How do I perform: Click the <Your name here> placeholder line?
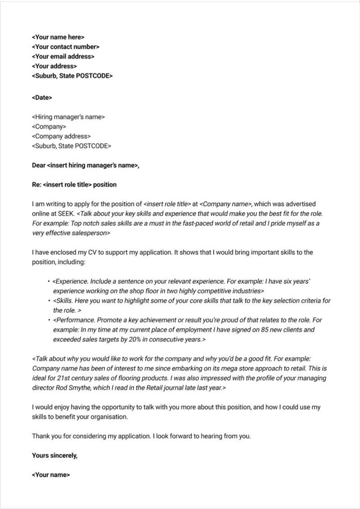coord(58,37)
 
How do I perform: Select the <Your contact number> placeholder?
coord(66,47)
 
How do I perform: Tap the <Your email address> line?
coord(63,57)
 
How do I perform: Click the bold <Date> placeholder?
coord(42,98)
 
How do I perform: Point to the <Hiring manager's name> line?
coord(68,117)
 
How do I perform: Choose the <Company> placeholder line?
coord(49,127)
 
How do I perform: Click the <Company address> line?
coord(61,136)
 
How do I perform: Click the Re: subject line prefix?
coord(37,185)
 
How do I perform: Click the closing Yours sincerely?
coord(55,455)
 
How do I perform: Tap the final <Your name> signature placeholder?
coord(51,475)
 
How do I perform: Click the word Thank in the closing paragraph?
coord(41,436)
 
